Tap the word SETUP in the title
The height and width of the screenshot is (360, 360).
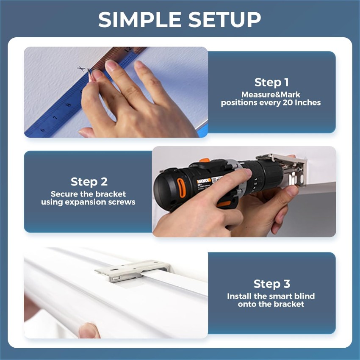[x=224, y=19]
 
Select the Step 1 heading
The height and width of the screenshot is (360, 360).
[x=271, y=83]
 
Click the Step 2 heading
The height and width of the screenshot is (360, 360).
[x=89, y=182]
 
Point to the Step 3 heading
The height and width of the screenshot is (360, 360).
[x=272, y=284]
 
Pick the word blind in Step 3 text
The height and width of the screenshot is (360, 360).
[x=305, y=296]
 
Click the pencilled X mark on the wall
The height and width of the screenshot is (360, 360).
[x=81, y=69]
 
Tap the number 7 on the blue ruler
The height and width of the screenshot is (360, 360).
[x=55, y=118]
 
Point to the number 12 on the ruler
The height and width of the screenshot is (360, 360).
[x=127, y=49]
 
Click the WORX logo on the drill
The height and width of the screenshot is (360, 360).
[x=203, y=181]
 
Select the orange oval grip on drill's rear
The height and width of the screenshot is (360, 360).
[x=181, y=188]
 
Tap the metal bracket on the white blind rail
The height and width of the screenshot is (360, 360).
[x=133, y=271]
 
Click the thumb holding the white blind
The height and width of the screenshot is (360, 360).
[x=89, y=331]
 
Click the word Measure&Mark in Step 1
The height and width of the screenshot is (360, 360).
[x=271, y=94]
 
